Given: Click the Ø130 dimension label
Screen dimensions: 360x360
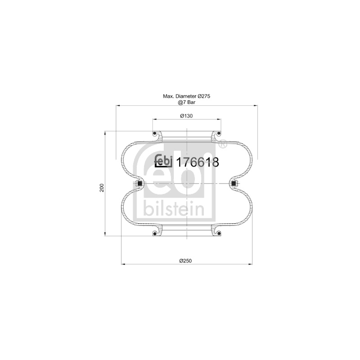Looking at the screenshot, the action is pos(186,116).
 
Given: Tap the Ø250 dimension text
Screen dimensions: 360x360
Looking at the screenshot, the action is pos(185,261).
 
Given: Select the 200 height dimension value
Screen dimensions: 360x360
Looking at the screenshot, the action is pos(102,188).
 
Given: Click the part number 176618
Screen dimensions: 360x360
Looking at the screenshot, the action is pos(197,162).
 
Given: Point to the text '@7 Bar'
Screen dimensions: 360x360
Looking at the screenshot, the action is pos(186,103).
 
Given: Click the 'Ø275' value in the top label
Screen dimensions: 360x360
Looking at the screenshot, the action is pos(204,96).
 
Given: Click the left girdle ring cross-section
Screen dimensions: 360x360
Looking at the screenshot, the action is pos(139,184).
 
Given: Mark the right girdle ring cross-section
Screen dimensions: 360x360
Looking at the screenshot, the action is pos(234,184).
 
